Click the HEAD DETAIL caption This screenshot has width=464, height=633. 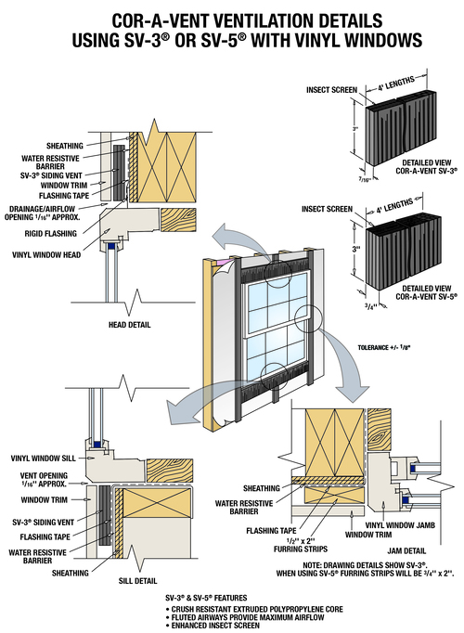click(x=129, y=325)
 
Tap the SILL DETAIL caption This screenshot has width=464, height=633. click(x=137, y=581)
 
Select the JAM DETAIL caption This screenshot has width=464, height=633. click(x=406, y=550)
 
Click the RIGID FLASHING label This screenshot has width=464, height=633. click(x=50, y=233)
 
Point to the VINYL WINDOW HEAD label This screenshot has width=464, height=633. click(x=46, y=254)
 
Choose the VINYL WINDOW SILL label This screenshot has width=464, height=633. click(x=44, y=459)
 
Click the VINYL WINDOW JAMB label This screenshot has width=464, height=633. click(x=400, y=525)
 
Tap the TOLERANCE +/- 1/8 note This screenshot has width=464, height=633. click(x=383, y=347)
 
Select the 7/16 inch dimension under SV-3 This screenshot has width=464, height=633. click(x=365, y=179)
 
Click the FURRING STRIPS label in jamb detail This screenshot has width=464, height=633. click(x=301, y=549)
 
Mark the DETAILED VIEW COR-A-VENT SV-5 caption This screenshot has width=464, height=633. click(x=427, y=292)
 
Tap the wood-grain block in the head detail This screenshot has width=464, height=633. click(x=178, y=220)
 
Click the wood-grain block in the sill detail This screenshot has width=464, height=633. click(x=170, y=471)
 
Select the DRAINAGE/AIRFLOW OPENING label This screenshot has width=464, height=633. click(x=42, y=213)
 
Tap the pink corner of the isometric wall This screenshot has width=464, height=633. click(x=220, y=264)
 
